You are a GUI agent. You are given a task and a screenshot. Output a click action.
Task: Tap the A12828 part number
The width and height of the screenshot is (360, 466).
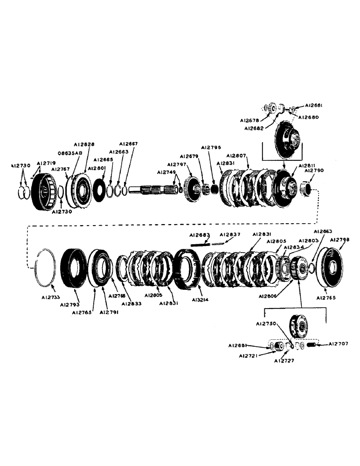point(83,145)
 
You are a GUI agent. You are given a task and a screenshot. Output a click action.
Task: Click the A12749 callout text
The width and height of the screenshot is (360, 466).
point(166,172)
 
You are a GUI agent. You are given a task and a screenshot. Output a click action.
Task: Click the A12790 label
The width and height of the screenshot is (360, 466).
point(313,171)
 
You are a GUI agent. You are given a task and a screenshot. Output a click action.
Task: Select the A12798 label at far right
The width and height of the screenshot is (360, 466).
point(340,240)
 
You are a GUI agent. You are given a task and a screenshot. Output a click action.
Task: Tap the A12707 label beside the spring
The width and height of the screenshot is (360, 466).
point(338,344)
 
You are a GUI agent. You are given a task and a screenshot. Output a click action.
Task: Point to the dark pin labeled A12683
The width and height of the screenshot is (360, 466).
point(200,243)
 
